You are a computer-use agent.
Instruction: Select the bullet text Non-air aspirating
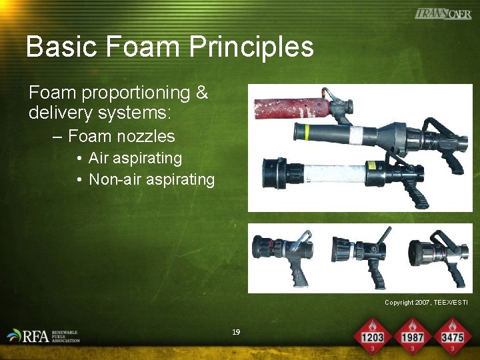pyautogui.click(x=151, y=179)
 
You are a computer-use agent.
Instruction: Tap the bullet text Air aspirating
pyautogui.click(x=135, y=158)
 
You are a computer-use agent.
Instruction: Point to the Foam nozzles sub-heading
pyautogui.click(x=121, y=137)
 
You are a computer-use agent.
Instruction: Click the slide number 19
pyautogui.click(x=235, y=332)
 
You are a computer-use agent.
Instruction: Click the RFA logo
pyautogui.click(x=44, y=335)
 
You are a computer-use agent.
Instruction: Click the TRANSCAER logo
pyautogui.click(x=443, y=13)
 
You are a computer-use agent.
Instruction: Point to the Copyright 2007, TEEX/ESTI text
pyautogui.click(x=426, y=303)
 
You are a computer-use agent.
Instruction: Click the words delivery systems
pyautogui.click(x=100, y=113)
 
